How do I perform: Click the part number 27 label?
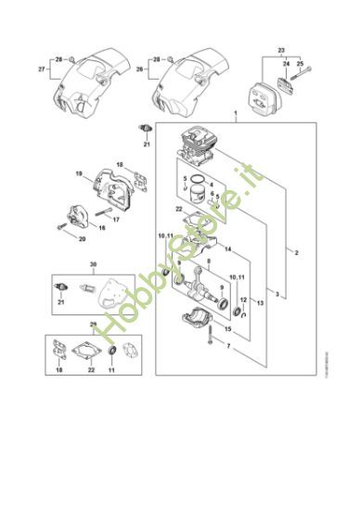coord(41,69)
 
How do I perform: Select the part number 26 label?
coord(140,69)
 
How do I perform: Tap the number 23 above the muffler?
coord(281,47)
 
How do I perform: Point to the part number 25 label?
coord(300,64)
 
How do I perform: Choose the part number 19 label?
coord(80,172)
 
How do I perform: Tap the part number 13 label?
coord(260,303)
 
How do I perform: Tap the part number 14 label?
coord(226,249)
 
